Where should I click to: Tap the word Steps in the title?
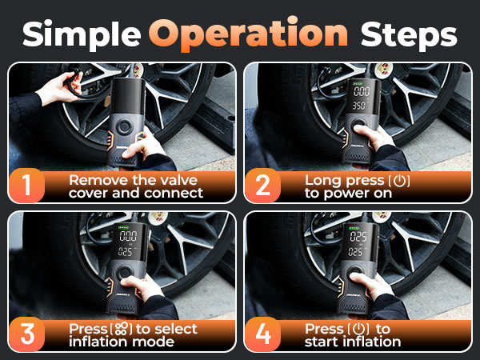(409, 34)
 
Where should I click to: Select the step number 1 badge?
(27, 186)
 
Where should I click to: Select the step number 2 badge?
(263, 186)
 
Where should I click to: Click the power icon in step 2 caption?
(400, 180)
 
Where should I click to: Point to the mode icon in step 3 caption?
(121, 329)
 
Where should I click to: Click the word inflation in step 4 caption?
(367, 342)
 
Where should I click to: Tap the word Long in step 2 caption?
(321, 180)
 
